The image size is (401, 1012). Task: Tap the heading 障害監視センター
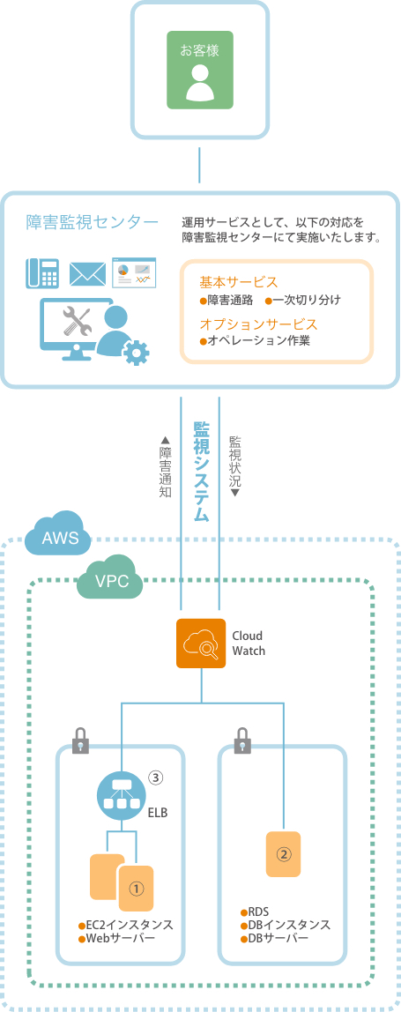[92, 223]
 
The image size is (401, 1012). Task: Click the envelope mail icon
[86, 273]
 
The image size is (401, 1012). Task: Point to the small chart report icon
[134, 273]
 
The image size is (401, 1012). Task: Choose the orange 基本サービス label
[238, 282]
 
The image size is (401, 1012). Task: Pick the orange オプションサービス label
[258, 324]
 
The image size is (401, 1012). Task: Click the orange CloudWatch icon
[200, 644]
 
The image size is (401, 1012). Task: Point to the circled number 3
[155, 778]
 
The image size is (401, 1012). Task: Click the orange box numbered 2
[284, 854]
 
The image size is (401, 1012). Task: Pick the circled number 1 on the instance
[137, 889]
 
